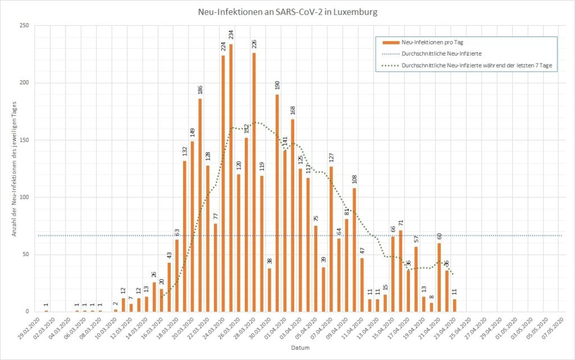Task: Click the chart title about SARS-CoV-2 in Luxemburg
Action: coord(287,11)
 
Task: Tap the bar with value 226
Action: coord(254,182)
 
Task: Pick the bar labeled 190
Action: coord(277,203)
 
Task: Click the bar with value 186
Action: coord(200,205)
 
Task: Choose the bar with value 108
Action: coord(354,249)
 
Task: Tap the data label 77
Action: coord(216,216)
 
